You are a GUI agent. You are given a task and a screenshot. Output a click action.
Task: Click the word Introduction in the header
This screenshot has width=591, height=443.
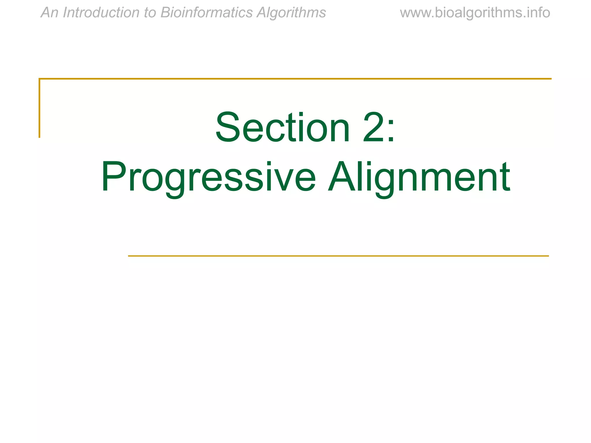pos(101,13)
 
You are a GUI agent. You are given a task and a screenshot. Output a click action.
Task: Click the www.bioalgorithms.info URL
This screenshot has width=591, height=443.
pos(475,13)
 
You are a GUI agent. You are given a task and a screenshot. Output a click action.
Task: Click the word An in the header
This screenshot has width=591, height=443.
pos(49,13)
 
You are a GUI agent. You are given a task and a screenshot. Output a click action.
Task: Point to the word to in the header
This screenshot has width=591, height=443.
pos(150,13)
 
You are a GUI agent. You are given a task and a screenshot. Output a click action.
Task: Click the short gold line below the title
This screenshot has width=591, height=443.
pos(338,256)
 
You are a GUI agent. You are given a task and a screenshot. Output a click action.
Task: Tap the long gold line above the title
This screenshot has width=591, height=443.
pos(295,78)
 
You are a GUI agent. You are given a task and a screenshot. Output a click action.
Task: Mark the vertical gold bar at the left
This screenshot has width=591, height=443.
pos(40,108)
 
